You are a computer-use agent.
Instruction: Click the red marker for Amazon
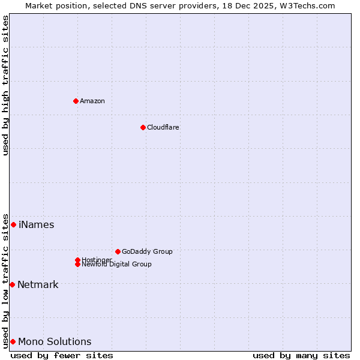[76, 101]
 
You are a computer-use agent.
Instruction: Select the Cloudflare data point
[143, 127]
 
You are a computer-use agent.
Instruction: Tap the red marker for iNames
[13, 224]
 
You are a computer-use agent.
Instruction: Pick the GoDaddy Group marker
[118, 251]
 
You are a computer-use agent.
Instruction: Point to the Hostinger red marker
[77, 260]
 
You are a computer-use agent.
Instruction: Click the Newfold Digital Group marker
[77, 264]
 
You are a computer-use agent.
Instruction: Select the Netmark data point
[12, 284]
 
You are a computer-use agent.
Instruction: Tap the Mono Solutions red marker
[13, 341]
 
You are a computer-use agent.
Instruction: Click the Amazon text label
[92, 101]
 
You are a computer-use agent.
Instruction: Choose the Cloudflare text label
[163, 127]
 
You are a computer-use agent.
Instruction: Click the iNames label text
[37, 225]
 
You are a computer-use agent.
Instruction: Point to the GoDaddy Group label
[147, 251]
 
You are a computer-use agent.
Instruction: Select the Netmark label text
[38, 285]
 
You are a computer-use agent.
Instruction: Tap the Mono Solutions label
[55, 342]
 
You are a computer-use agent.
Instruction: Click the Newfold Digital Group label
[117, 265]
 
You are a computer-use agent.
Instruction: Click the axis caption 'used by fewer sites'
[62, 355]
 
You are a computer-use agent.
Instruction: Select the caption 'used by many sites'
[301, 355]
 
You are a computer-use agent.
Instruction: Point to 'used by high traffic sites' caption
[5, 85]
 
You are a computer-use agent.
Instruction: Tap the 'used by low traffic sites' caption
[5, 280]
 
